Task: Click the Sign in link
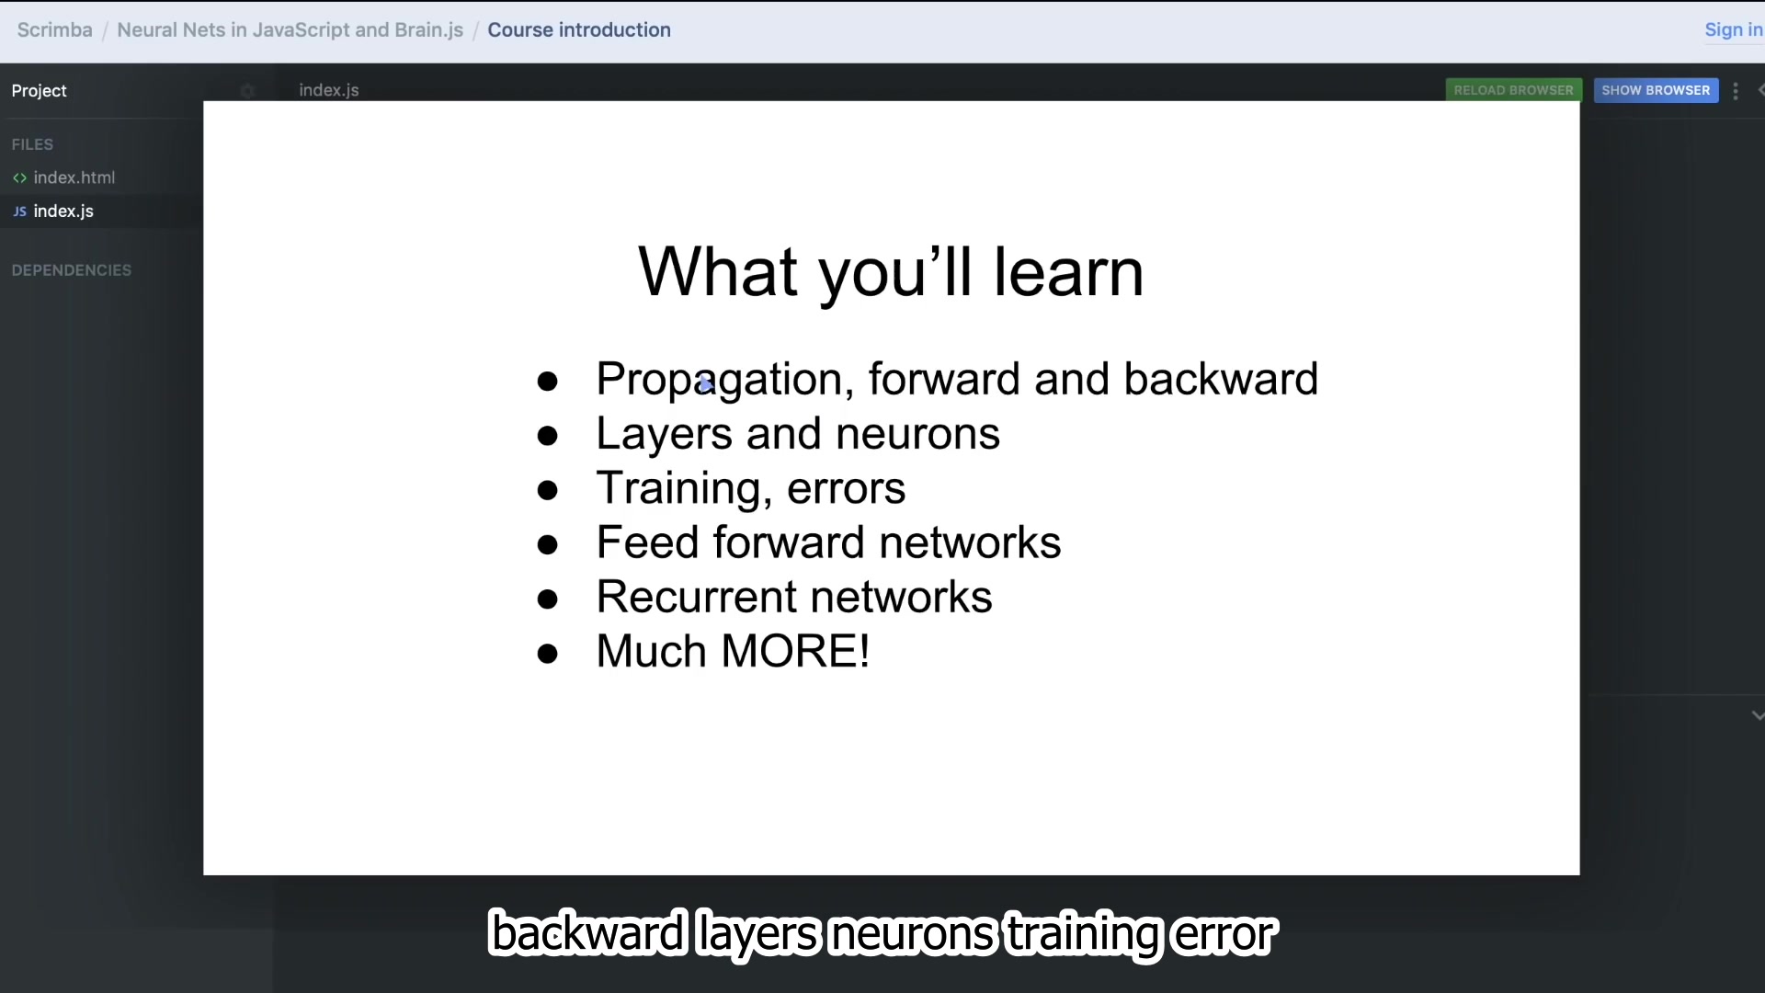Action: (1734, 29)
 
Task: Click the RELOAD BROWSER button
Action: (1514, 90)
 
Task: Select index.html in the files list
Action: (74, 177)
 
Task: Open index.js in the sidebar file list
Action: (63, 211)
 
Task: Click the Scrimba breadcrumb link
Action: (54, 29)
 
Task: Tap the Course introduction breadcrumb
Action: (579, 29)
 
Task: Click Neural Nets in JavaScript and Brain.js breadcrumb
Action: (290, 29)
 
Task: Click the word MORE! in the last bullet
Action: (795, 651)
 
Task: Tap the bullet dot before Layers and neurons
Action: (548, 436)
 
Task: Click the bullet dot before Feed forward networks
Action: (548, 545)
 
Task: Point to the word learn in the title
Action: (1069, 272)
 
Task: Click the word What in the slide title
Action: (718, 272)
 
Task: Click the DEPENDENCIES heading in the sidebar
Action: (72, 270)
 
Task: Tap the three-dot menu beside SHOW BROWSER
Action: (1736, 91)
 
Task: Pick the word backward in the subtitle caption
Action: (588, 933)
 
